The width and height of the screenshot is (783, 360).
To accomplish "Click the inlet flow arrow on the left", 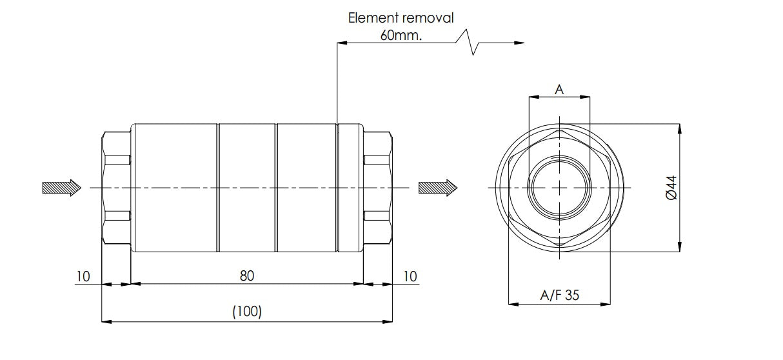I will tap(61, 187).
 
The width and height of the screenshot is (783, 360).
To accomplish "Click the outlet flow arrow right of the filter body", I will tap(437, 188).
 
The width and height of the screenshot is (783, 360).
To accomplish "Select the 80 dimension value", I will tap(247, 275).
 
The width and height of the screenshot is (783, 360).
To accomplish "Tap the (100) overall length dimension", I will tap(247, 312).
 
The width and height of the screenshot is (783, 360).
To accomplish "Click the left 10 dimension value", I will tap(83, 276).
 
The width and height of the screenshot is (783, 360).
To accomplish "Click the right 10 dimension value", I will tap(410, 276).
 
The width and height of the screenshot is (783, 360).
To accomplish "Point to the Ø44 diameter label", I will tap(671, 187).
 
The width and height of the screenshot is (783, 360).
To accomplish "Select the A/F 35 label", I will tap(559, 295).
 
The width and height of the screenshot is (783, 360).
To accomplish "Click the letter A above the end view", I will tap(559, 90).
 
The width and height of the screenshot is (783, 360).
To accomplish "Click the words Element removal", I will tap(401, 17).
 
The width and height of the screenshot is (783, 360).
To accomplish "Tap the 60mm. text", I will tap(401, 35).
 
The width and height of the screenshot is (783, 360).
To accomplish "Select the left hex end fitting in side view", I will tap(117, 187).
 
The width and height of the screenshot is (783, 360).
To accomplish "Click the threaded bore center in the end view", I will tap(559, 188).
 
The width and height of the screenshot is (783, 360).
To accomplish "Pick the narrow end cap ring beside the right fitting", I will tap(350, 187).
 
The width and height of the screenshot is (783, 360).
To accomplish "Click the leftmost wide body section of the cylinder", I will tap(175, 187).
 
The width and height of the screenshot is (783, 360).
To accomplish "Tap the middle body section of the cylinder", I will tap(247, 187).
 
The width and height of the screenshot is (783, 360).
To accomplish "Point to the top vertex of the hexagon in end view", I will tap(559, 129).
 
